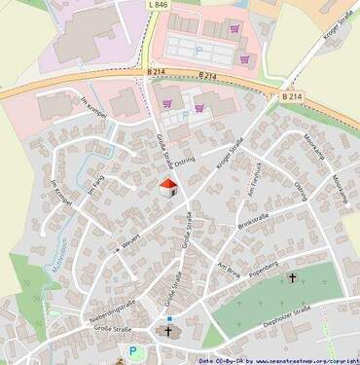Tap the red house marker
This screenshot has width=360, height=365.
click(x=167, y=186)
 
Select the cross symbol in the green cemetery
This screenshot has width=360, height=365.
click(x=292, y=278)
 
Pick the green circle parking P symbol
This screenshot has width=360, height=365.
click(x=135, y=351)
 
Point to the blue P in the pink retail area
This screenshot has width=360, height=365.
click(x=199, y=47)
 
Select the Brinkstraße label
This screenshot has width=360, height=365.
click(x=254, y=220)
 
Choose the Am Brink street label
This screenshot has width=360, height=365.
click(x=228, y=270)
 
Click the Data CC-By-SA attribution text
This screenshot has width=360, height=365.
click(x=220, y=360)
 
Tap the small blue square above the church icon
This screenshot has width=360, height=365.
click(x=168, y=317)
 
